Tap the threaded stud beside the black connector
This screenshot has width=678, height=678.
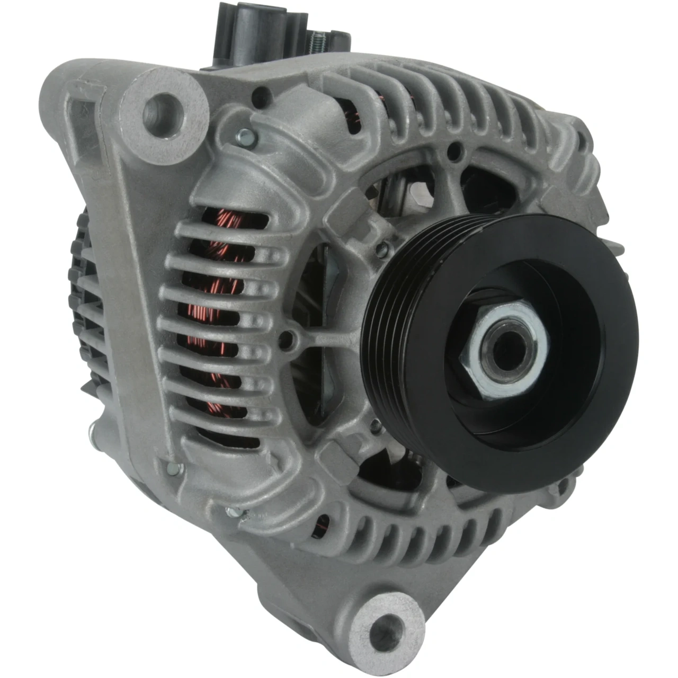tap(317, 37)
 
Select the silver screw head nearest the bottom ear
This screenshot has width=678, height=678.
tap(233, 512)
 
